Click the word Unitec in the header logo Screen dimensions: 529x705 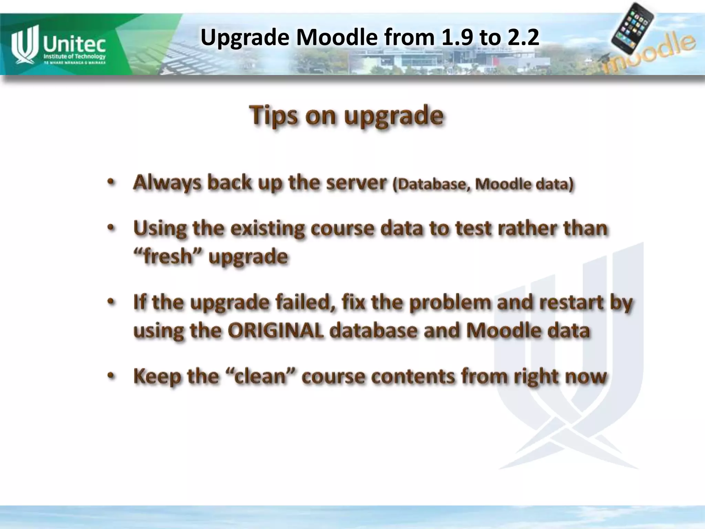coord(74,44)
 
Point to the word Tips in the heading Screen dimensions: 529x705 coord(273,115)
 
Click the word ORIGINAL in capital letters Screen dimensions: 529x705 coord(275,331)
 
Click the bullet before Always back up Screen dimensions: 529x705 coord(110,182)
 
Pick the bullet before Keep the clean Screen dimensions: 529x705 coord(110,375)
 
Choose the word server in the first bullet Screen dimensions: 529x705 coord(356,183)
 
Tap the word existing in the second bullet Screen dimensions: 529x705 coord(267,229)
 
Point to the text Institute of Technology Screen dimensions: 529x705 coord(74,56)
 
